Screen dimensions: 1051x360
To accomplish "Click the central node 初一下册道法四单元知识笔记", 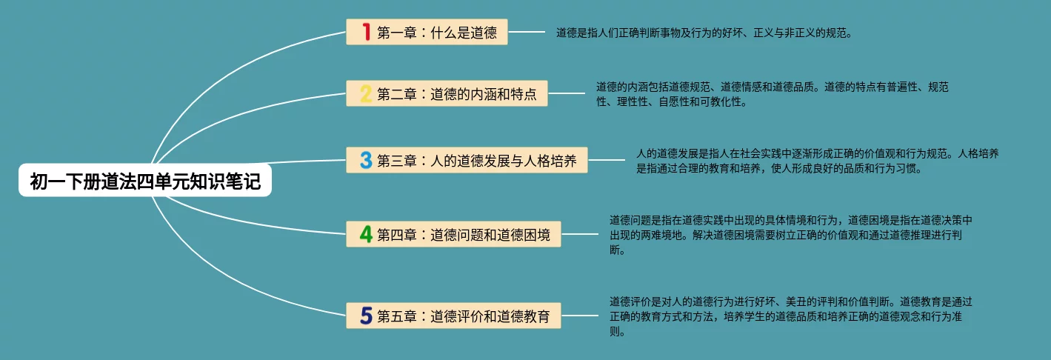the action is (x=145, y=181).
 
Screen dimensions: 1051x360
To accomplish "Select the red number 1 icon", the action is (x=365, y=32).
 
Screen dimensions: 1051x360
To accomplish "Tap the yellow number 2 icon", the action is (x=365, y=94).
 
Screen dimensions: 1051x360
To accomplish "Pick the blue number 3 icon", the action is (x=365, y=160).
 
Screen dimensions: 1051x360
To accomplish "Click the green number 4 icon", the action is (x=365, y=234).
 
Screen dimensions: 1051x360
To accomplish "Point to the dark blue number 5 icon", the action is (x=365, y=316).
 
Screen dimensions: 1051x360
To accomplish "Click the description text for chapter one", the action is (x=704, y=33).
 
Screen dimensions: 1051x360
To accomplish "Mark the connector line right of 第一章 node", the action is (x=526, y=32).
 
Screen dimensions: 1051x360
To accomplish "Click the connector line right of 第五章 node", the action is (x=579, y=316).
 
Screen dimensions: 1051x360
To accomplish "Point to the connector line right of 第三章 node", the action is (x=606, y=159).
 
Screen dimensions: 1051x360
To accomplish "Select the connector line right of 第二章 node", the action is (x=566, y=93).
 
